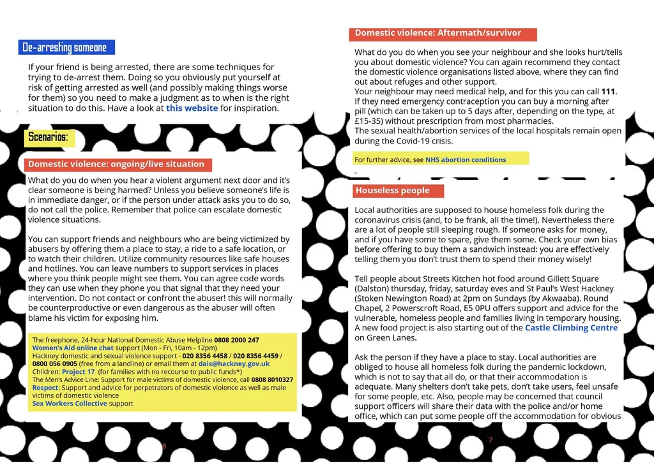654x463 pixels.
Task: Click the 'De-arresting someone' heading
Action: (x=65, y=47)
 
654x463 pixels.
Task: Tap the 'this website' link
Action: (x=192, y=108)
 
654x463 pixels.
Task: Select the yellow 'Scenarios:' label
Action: (x=48, y=137)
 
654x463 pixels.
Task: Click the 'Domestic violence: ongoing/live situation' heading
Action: (x=116, y=165)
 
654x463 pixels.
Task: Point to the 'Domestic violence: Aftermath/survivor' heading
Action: (x=438, y=33)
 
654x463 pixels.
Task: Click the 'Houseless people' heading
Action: (x=393, y=191)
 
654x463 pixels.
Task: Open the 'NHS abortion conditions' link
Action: (x=466, y=160)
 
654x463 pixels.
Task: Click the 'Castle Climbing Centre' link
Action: (x=571, y=328)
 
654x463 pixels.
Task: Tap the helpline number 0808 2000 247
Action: (x=236, y=340)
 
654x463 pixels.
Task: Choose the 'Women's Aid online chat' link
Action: (x=73, y=348)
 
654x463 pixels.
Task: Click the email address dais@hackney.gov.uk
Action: (x=234, y=364)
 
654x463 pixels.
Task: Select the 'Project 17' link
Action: (x=78, y=372)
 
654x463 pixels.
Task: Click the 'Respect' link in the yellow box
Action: (x=45, y=388)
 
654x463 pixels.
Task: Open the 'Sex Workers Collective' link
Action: (x=70, y=404)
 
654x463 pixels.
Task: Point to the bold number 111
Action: (x=608, y=92)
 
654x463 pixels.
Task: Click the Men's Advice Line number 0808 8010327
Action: (x=272, y=380)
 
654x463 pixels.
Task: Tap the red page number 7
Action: (x=490, y=440)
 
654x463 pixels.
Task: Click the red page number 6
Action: (x=164, y=446)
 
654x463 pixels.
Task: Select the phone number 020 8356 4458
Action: (x=204, y=356)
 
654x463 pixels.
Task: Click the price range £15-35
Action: (x=371, y=121)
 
